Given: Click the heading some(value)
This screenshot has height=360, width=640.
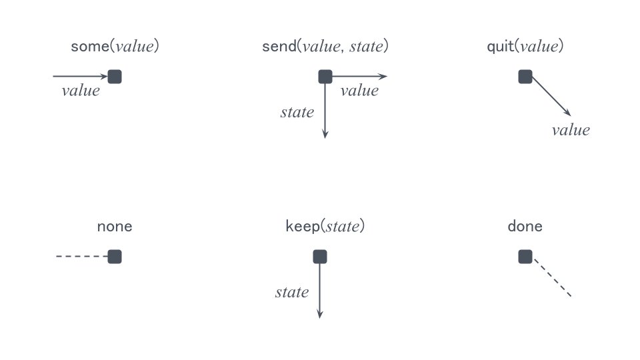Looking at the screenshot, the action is (x=115, y=46).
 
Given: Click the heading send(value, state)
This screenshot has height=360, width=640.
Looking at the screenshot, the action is (x=325, y=46).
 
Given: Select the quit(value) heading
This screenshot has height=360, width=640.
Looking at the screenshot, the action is (x=525, y=46).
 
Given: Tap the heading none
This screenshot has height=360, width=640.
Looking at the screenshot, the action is (x=115, y=227).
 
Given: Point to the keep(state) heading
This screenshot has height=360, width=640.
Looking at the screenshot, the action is (x=325, y=226).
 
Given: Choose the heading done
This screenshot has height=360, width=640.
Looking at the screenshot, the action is (x=525, y=226).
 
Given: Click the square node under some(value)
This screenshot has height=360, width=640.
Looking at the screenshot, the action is (x=115, y=77).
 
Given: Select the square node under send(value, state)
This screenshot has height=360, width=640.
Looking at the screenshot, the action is (x=325, y=77).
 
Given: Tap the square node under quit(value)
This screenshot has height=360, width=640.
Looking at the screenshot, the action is (x=525, y=77).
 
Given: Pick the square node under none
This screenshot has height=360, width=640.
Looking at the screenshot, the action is (x=115, y=257).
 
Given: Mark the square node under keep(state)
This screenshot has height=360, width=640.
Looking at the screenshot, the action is (x=320, y=257).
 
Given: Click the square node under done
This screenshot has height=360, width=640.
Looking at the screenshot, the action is (x=525, y=257).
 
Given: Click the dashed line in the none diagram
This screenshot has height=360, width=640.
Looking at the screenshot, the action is (x=82, y=256).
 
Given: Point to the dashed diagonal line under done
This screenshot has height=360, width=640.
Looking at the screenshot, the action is (x=552, y=277).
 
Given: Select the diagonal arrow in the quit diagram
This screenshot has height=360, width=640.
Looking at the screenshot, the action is (x=551, y=97).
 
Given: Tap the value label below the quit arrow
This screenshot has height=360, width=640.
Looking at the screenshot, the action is (x=571, y=130).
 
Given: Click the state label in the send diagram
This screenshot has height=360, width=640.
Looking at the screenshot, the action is (x=297, y=112).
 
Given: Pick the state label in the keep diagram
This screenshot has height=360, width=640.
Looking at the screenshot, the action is (x=292, y=292).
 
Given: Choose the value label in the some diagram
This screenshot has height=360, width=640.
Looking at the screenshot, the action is (x=81, y=91).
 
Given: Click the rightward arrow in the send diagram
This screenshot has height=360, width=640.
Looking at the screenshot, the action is (x=359, y=76).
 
